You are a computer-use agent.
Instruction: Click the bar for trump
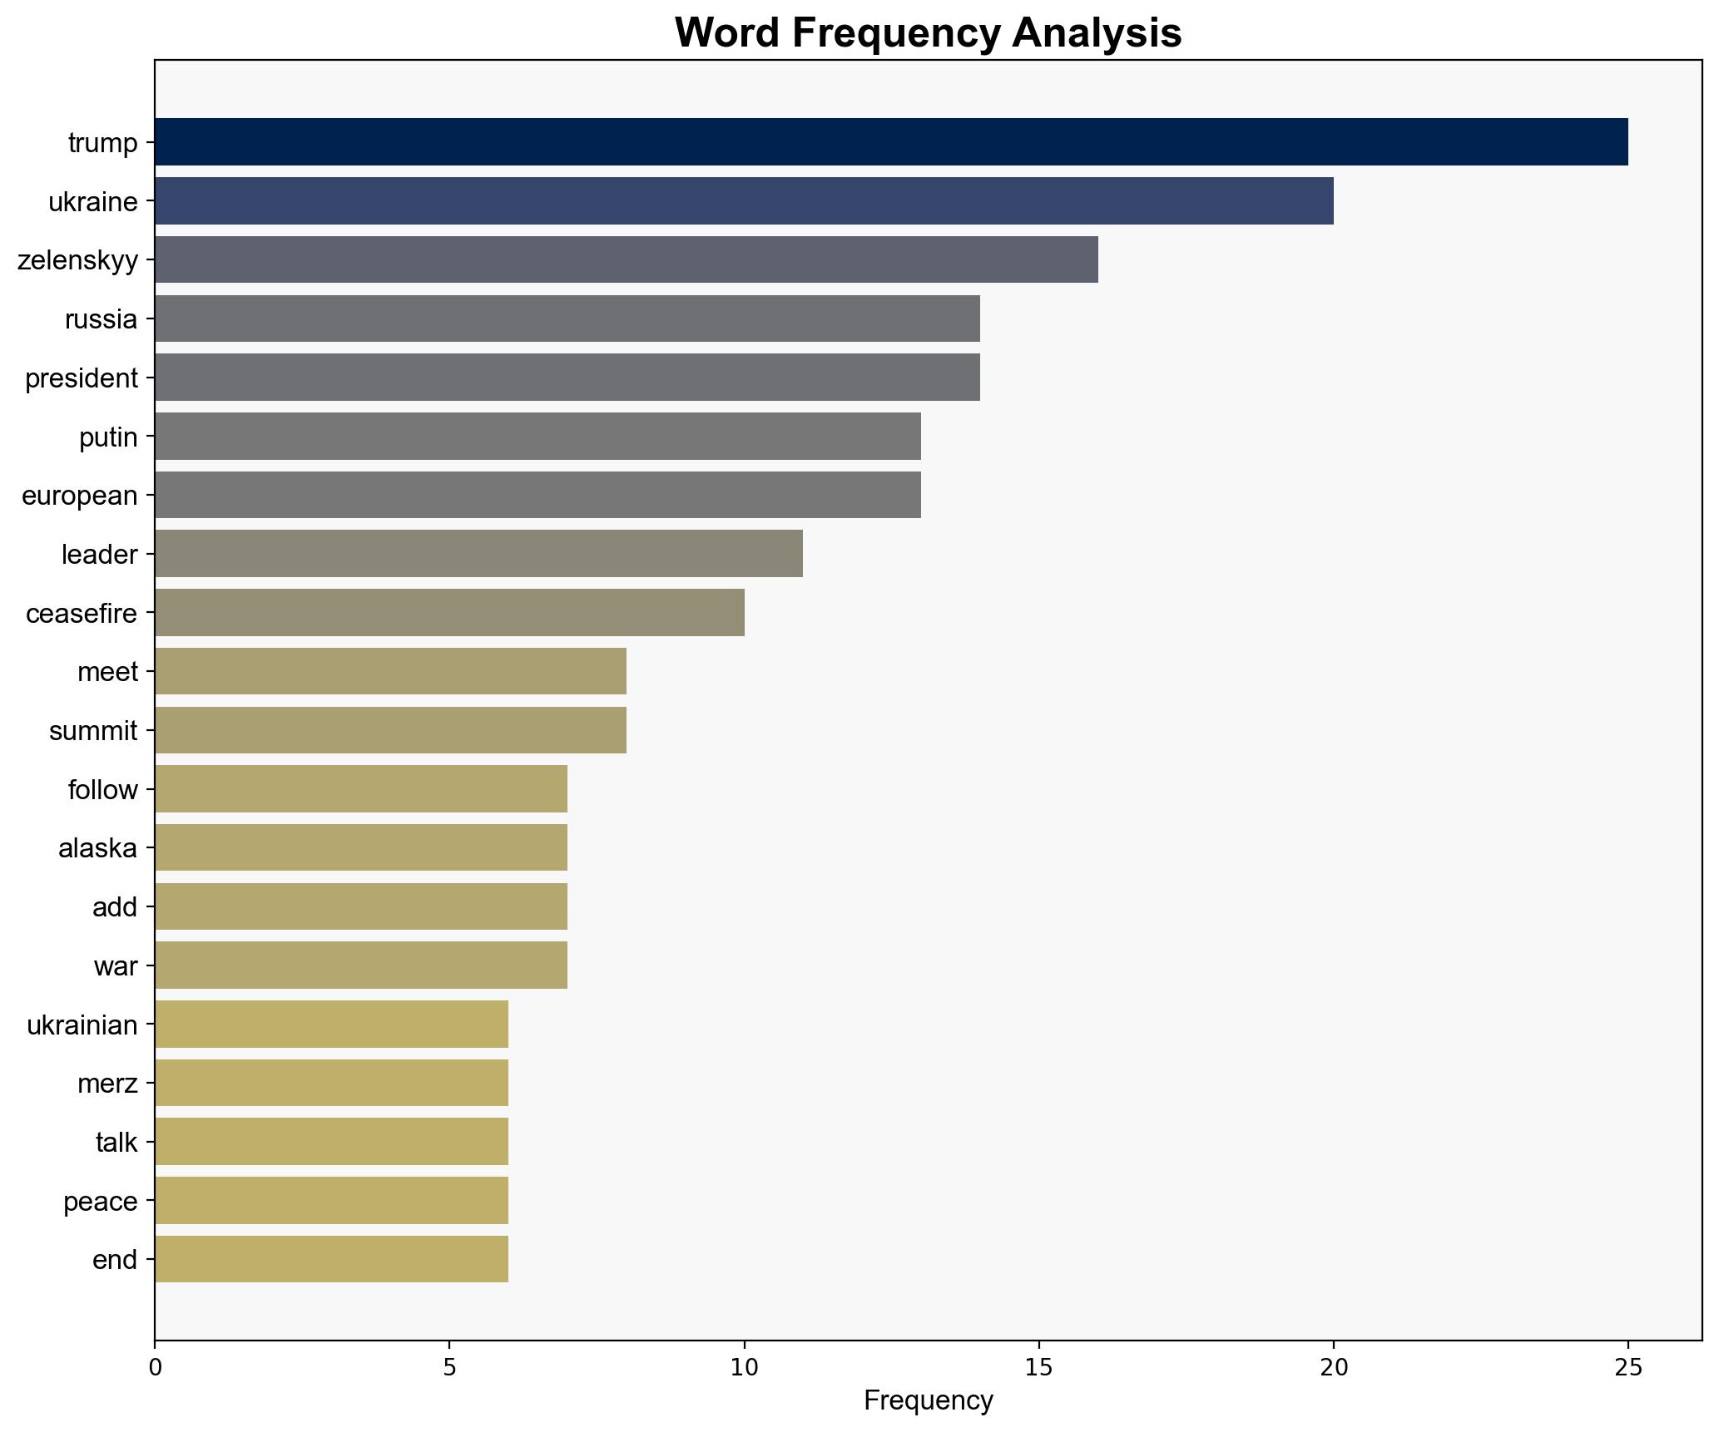890,142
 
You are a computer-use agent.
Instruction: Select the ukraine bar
743,201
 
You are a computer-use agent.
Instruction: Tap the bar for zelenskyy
626,260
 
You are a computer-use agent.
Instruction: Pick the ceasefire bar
449,613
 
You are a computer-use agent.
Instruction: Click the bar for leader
478,554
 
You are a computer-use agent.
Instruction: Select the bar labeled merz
331,1083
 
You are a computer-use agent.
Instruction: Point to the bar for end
331,1259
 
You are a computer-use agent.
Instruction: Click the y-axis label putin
108,437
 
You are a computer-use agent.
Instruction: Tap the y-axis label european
80,496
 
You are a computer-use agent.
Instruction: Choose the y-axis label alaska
97,848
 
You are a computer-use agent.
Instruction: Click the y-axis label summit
93,731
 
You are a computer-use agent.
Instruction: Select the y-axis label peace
101,1201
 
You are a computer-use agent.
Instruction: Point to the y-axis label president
82,378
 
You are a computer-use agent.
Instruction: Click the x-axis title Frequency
928,1400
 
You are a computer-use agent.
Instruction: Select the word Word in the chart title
726,33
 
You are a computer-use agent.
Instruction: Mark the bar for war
360,965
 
